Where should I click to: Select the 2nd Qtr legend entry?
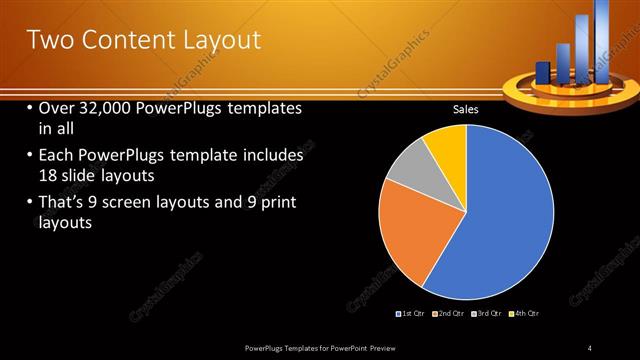(451, 314)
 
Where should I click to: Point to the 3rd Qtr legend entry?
(487, 314)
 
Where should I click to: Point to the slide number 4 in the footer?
(590, 347)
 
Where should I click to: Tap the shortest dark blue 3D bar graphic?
(543, 72)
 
